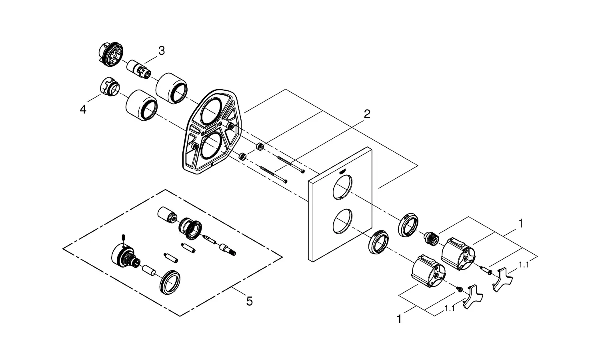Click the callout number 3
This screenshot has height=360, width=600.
coord(161,51)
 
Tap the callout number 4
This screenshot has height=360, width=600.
coord(83,109)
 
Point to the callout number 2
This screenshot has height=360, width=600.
coord(366,114)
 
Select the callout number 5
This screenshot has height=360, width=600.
coord(249,301)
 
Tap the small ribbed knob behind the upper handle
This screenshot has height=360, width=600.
coord(430,238)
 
